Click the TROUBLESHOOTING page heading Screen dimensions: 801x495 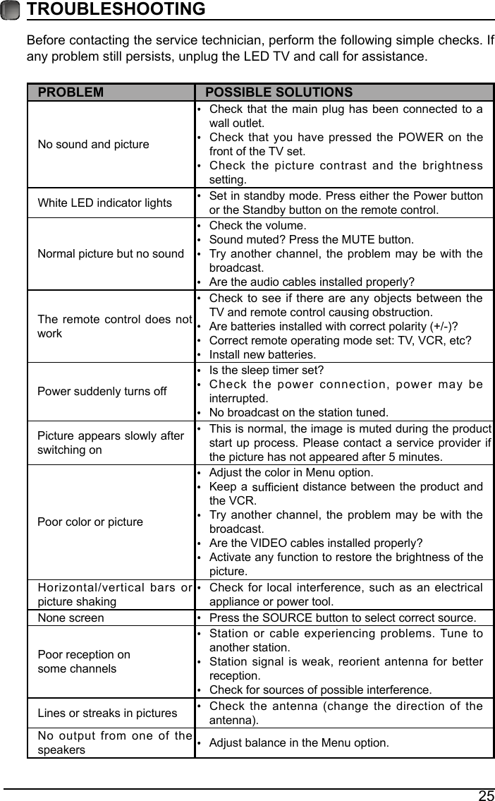pyautogui.click(x=116, y=10)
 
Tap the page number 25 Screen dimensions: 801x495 pyautogui.click(x=486, y=795)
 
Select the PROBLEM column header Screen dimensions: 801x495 pyautogui.click(x=71, y=92)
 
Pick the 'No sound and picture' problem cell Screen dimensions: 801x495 pyautogui.click(x=94, y=145)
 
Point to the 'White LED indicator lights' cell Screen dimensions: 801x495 pyautogui.click(x=104, y=203)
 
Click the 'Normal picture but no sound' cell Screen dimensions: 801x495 pyautogui.click(x=111, y=253)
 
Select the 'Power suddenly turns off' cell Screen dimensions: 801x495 pyautogui.click(x=102, y=391)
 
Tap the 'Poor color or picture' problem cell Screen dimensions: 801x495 pyautogui.click(x=90, y=522)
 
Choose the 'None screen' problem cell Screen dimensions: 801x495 pyautogui.click(x=71, y=618)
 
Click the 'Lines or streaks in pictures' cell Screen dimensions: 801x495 pyautogui.click(x=107, y=713)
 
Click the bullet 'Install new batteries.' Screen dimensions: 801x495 pyautogui.click(x=262, y=354)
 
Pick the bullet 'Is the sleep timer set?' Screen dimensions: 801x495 pyautogui.click(x=267, y=370)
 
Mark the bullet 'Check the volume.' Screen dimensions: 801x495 pyautogui.click(x=257, y=226)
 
